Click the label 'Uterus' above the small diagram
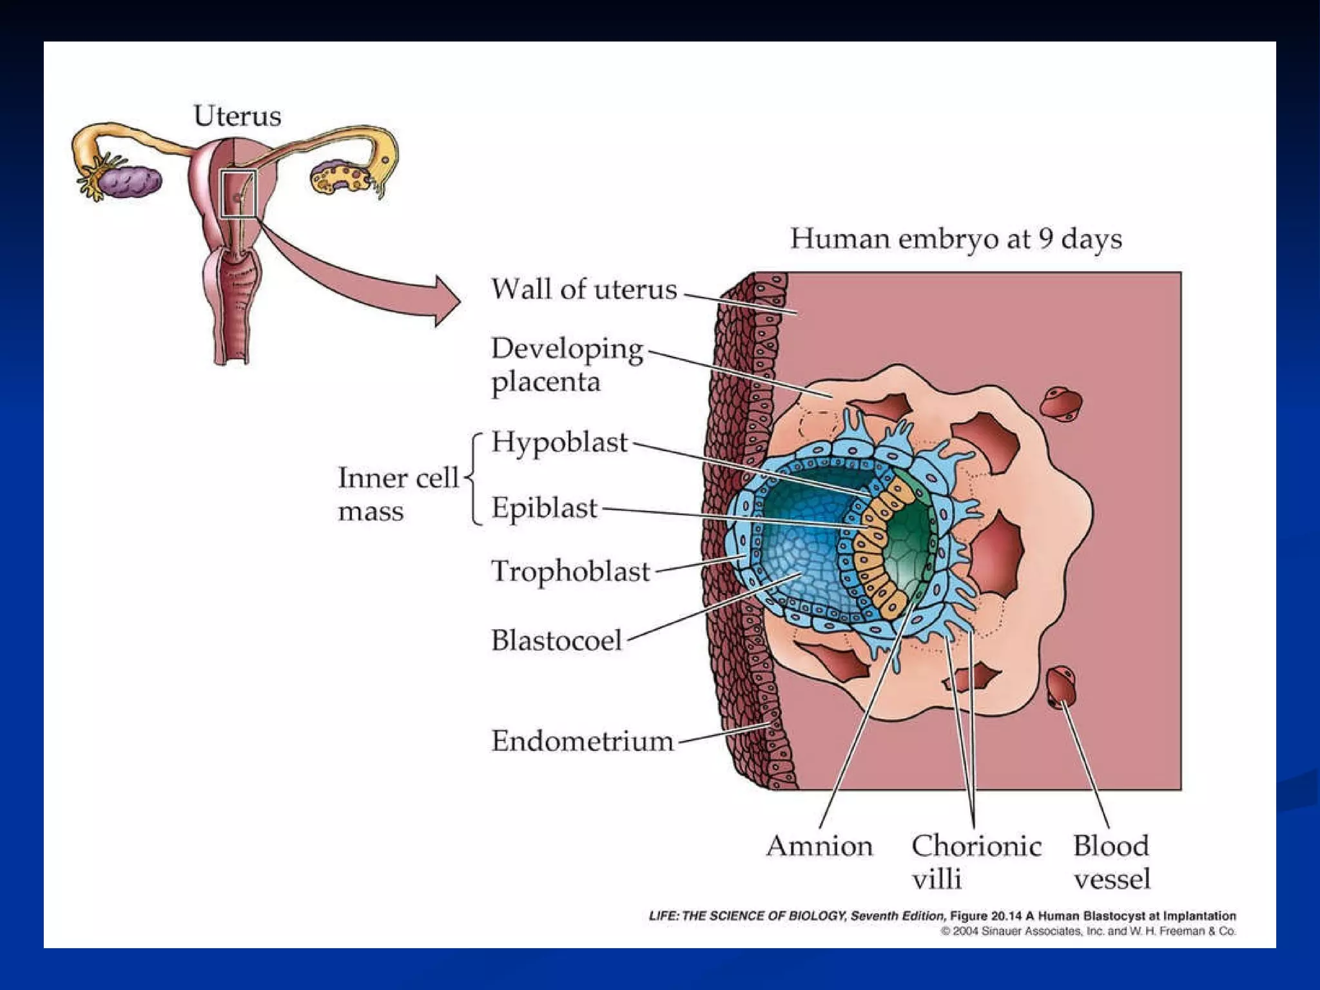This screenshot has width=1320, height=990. pos(237,116)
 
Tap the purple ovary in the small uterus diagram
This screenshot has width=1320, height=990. pos(132,181)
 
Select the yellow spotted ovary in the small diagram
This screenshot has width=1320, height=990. pos(340,178)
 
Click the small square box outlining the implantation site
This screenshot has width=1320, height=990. pos(238,193)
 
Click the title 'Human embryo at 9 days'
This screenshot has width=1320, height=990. pos(956,238)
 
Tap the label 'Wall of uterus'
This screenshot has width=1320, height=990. pos(584,289)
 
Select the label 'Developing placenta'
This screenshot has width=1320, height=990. pos(566,365)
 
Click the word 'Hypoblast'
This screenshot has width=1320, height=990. pos(559,442)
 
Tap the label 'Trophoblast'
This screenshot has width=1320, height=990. pos(570,572)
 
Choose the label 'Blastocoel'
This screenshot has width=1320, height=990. pos(556,641)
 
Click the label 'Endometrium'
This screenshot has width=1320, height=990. pos(582,741)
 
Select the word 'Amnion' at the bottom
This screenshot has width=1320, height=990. pos(819,846)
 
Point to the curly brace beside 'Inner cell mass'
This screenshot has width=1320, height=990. pos(475,478)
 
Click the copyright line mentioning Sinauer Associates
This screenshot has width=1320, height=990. pos(1088,931)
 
